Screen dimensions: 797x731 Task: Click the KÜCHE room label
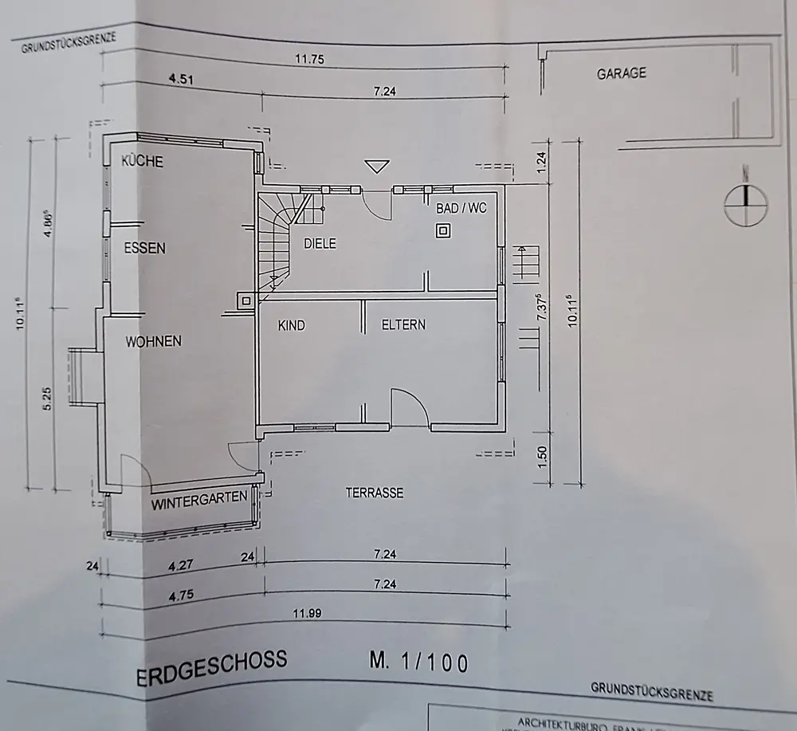[x=142, y=162]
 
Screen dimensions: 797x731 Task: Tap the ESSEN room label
[x=144, y=248]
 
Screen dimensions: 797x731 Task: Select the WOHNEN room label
[x=153, y=341]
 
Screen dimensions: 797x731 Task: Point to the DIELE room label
[x=320, y=243]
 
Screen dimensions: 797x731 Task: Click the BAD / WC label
[x=461, y=207]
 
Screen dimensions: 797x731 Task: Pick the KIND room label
[x=292, y=325]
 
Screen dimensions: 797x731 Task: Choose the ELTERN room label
[x=403, y=324]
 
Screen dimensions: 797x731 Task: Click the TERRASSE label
[x=374, y=493]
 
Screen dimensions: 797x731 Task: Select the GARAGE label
[x=621, y=73]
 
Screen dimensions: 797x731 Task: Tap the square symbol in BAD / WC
[x=443, y=231]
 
